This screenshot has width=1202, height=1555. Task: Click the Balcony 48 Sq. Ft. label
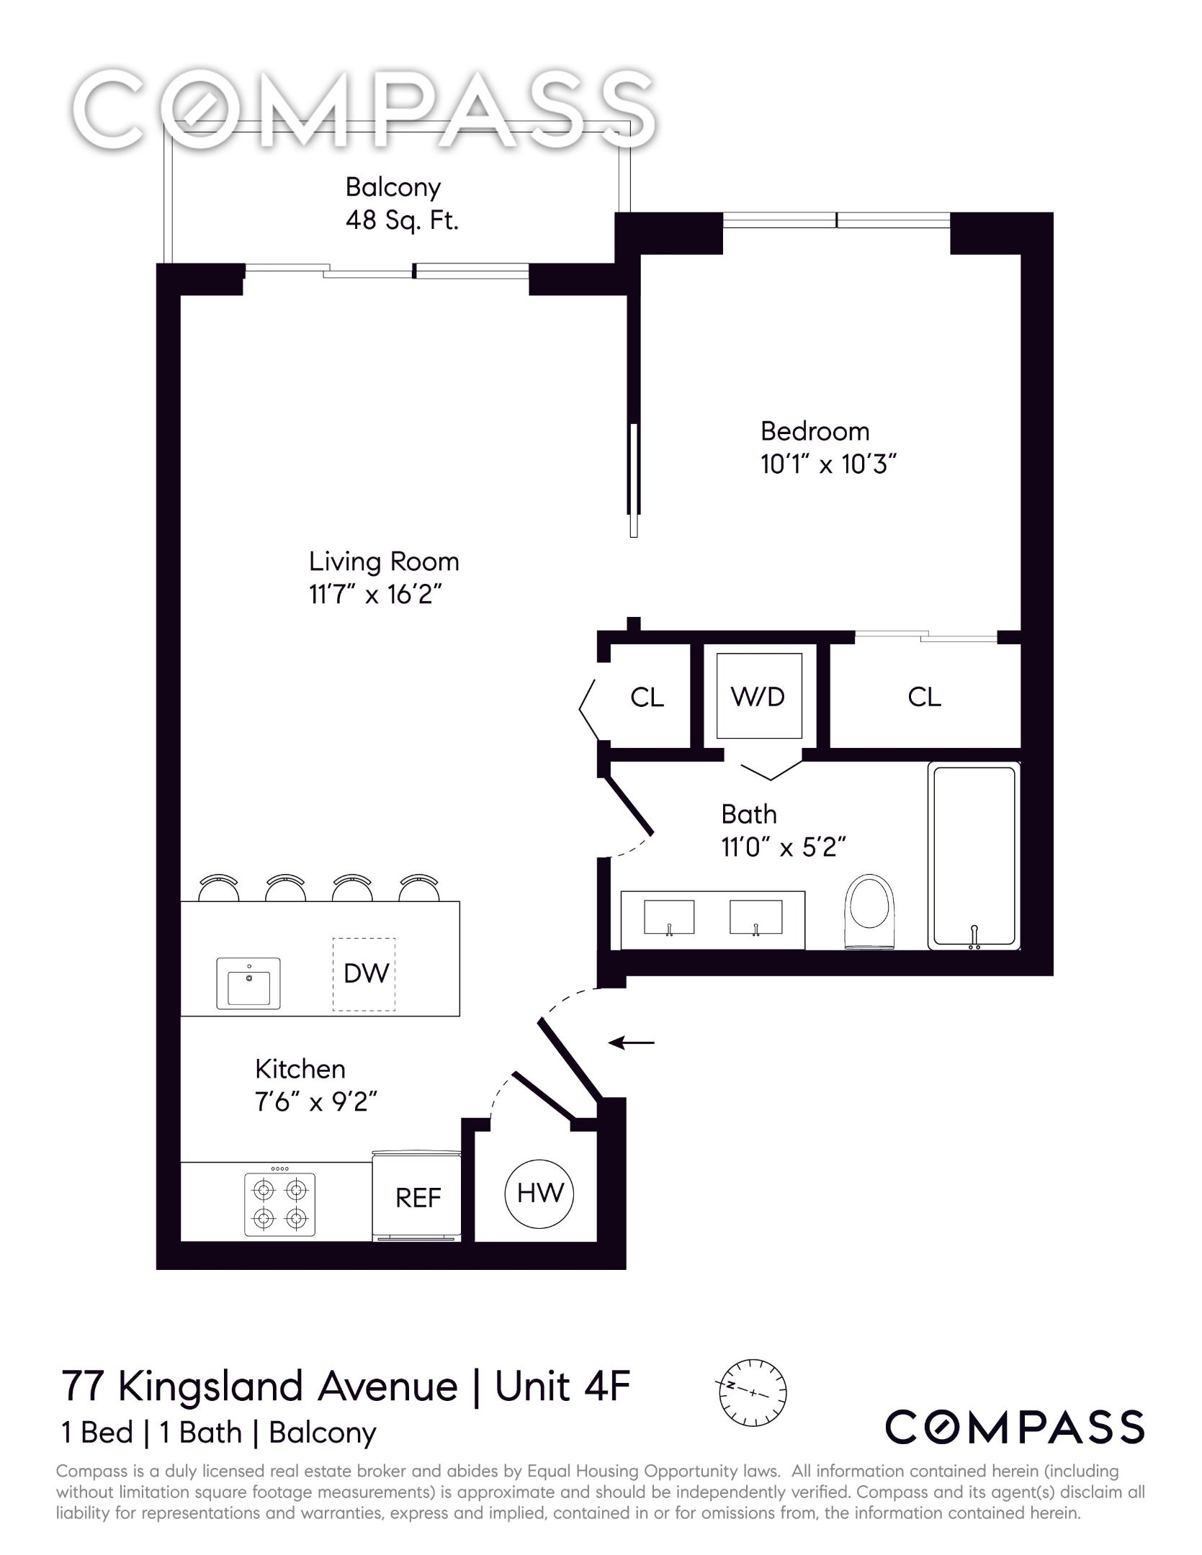[401, 204]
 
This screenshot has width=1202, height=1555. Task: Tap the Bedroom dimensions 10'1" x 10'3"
[828, 464]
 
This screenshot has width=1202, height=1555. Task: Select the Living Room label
[383, 562]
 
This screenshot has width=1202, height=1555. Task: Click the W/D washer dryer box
[758, 696]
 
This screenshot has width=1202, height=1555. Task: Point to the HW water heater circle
[539, 1194]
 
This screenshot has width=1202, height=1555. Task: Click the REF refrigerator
[418, 1198]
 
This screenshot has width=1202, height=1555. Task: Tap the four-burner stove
[279, 1205]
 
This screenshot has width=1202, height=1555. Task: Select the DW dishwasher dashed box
[364, 974]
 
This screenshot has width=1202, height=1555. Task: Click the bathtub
[974, 857]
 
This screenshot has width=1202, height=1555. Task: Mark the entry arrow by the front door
[632, 1042]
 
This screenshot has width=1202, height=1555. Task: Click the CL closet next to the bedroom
[924, 697]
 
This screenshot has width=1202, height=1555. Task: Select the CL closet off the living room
[647, 697]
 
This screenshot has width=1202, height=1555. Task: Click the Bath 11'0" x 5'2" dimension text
[783, 847]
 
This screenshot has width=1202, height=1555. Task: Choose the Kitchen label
[300, 1069]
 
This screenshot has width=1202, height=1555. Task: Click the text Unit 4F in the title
[562, 1387]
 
